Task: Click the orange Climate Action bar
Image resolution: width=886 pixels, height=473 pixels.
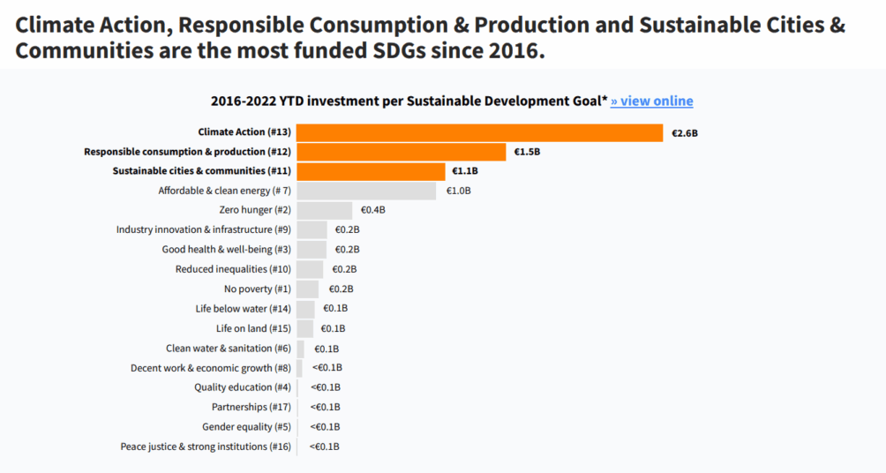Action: point(479,132)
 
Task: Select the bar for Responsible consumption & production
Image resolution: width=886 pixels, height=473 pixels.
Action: point(401,152)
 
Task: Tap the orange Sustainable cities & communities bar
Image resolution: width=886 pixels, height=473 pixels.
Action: point(371,171)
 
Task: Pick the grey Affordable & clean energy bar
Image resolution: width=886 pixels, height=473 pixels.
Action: point(366,191)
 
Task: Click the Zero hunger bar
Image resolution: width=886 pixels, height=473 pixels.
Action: point(324,210)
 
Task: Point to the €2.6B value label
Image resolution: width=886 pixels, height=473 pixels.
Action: point(685,133)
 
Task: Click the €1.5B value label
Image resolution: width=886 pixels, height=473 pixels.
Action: point(527,152)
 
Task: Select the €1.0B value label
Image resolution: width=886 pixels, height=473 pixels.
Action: point(458,191)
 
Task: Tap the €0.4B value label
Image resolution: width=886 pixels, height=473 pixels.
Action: point(372,210)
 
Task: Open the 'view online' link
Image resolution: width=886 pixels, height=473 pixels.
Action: point(652,101)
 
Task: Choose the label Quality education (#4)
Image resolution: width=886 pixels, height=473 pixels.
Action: point(243,387)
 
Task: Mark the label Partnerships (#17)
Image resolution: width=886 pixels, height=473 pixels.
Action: point(252,407)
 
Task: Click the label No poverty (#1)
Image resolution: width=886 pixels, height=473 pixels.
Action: point(258,289)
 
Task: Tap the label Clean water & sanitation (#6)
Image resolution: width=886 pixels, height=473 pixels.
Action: point(229,349)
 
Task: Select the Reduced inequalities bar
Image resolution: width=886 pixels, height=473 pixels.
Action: point(310,269)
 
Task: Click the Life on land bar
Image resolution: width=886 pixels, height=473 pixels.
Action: point(304,328)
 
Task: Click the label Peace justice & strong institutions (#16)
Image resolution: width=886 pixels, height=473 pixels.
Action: point(206,447)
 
